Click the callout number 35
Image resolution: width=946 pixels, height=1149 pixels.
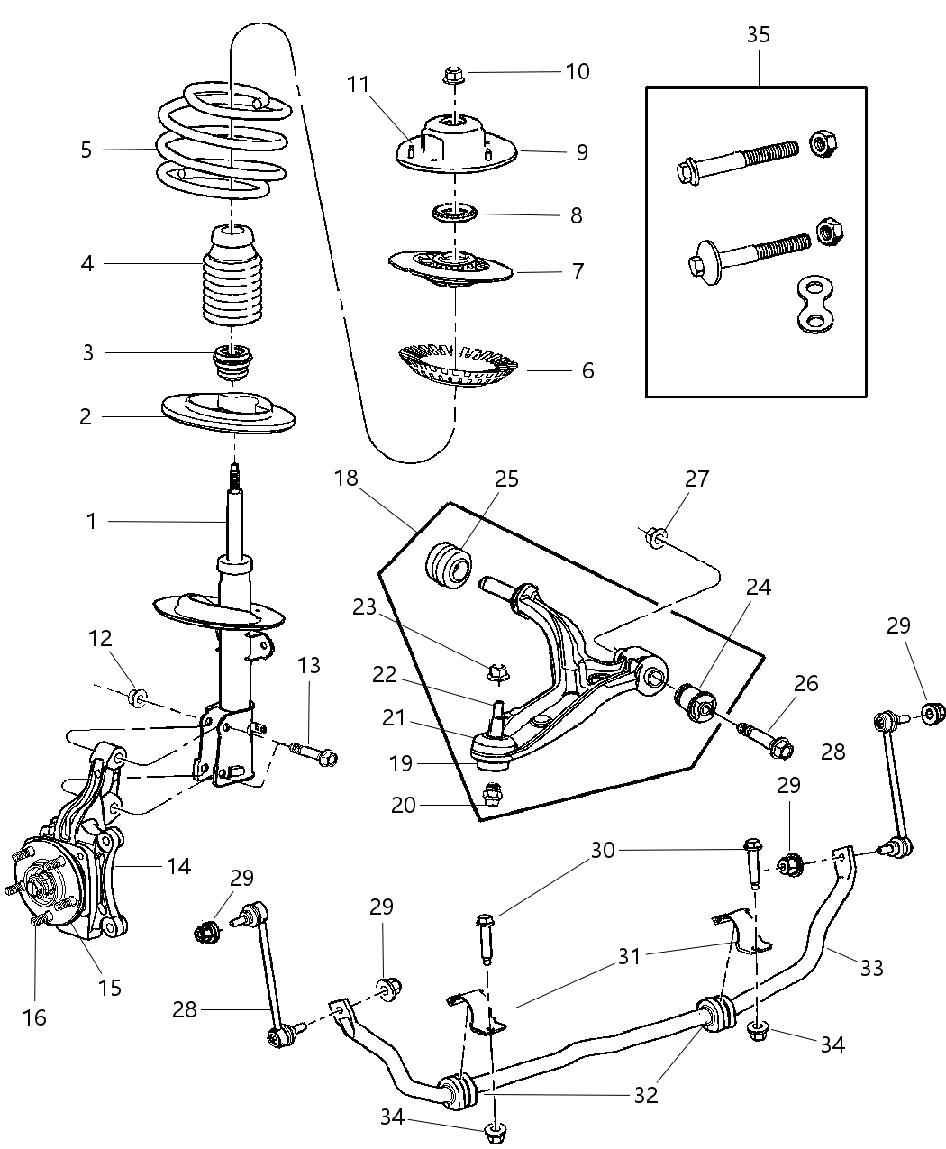pos(758,35)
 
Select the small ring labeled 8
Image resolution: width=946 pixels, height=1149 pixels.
pos(459,214)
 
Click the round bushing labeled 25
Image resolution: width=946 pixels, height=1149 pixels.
pos(448,567)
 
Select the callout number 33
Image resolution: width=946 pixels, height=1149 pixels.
pos(871,968)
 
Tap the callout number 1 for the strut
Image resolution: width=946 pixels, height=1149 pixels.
pos(91,521)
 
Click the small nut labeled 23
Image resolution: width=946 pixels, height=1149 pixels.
pos(495,671)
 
